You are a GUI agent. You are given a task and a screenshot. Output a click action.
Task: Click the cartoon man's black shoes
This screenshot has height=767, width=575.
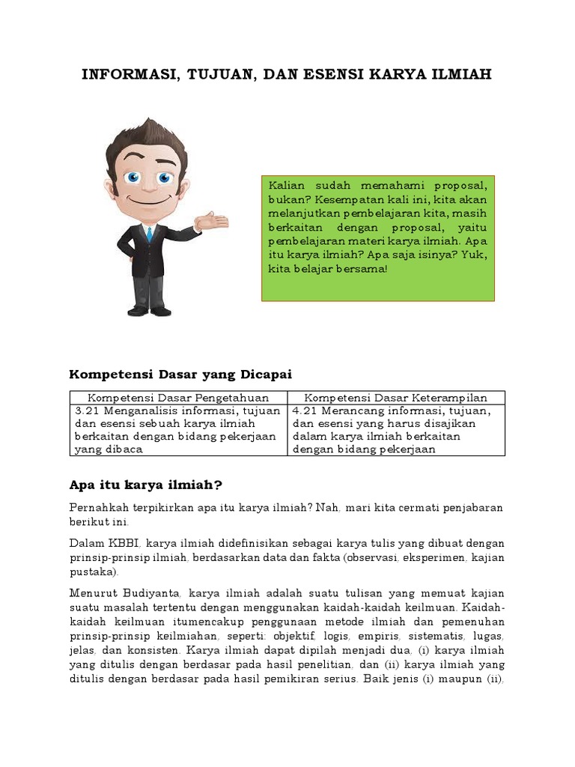pyautogui.click(x=150, y=310)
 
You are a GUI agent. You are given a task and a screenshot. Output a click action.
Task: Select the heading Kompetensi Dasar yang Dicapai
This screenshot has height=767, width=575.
pyautogui.click(x=180, y=373)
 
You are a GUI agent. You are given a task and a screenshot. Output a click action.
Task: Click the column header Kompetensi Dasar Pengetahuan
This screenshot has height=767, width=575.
pyautogui.click(x=178, y=398)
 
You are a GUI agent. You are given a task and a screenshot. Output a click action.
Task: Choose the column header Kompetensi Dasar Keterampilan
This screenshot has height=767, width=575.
pyautogui.click(x=396, y=398)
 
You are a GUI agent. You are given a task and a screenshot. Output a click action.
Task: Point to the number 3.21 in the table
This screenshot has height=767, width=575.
pyautogui.click(x=88, y=411)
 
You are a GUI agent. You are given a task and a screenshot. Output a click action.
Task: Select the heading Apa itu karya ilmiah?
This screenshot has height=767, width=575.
pyautogui.click(x=146, y=485)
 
